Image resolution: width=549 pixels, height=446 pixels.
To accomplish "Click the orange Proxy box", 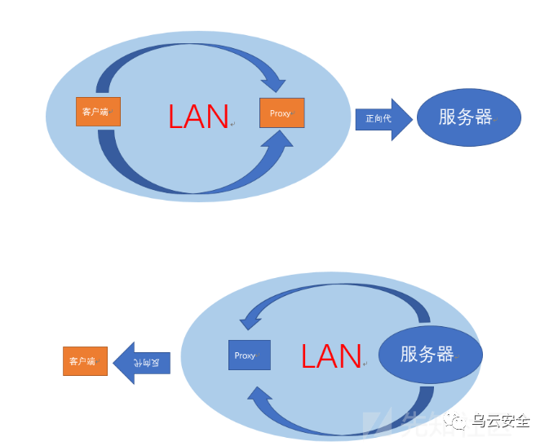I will (281, 113).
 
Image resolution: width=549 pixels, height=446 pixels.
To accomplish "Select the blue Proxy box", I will (250, 355).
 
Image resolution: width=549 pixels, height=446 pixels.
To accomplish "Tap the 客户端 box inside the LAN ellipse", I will (98, 111).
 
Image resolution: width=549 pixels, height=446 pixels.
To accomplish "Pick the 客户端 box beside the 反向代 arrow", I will (85, 360).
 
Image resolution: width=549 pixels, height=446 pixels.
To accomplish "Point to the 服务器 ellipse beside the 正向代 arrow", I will (468, 117).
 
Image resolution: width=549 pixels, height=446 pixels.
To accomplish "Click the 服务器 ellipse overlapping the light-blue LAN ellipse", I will (430, 355).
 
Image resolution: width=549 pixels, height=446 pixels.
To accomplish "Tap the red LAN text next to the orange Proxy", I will (198, 117).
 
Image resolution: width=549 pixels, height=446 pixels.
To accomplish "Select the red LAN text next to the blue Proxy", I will (330, 355).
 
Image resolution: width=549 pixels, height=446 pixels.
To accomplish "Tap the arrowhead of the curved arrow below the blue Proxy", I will (259, 400).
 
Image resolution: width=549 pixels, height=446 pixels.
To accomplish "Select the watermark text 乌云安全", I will (501, 421).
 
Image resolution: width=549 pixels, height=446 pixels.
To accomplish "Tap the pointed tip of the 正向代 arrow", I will (412, 119).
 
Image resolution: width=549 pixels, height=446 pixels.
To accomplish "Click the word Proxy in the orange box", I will (280, 113).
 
